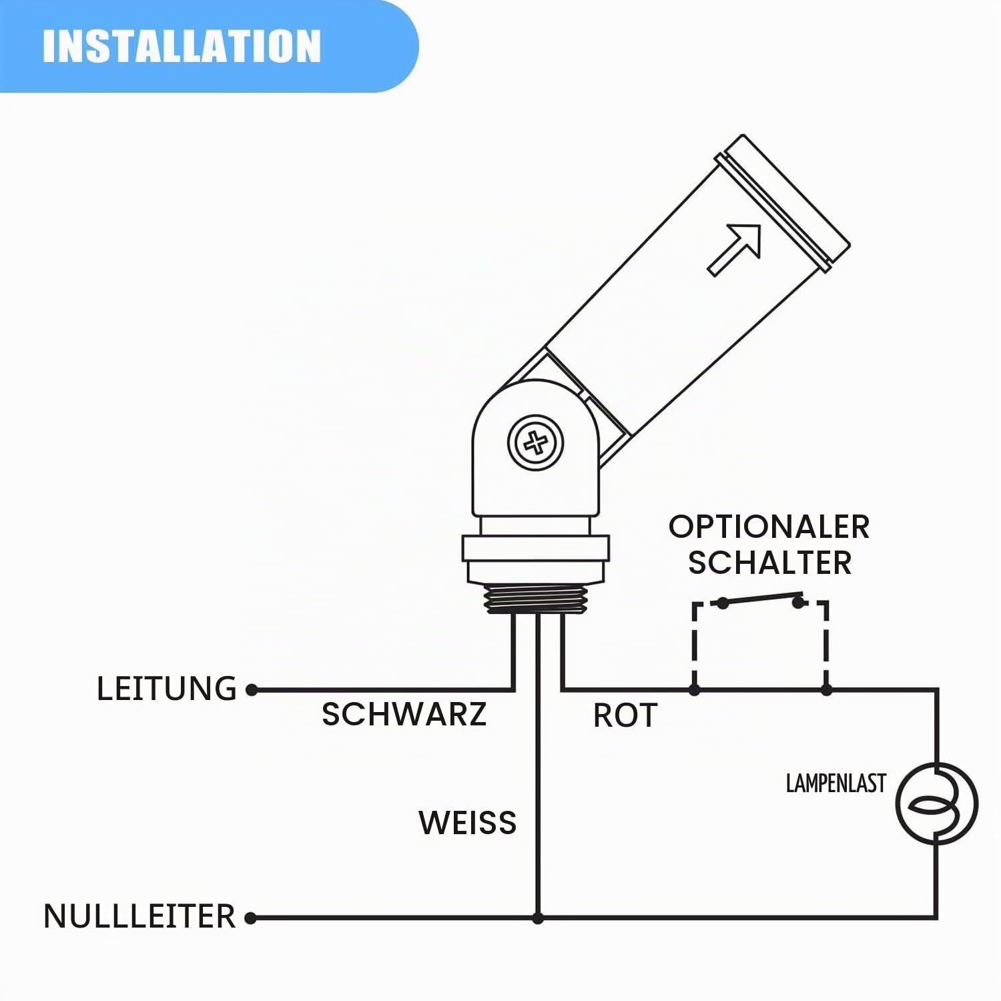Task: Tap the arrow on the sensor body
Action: point(734,250)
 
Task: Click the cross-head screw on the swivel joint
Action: point(535,442)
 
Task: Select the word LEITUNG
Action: point(167,689)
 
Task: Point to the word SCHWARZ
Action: point(404,714)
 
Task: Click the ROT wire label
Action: point(625,715)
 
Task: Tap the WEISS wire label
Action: point(468,822)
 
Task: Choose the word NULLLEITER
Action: point(139,916)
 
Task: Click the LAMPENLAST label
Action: point(836,783)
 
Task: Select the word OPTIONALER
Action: point(769,527)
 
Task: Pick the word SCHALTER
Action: point(769,563)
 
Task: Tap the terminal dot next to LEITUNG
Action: point(252,690)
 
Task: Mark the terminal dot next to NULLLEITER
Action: point(251,918)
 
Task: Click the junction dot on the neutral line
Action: point(538,918)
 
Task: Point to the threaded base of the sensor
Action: point(536,599)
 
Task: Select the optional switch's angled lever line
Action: point(761,598)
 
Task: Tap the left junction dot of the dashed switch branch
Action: point(695,689)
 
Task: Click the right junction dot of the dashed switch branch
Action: point(826,689)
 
